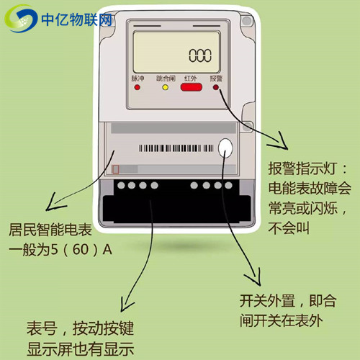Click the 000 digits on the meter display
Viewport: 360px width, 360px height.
(x=202, y=55)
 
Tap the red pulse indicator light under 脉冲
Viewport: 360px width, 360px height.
(x=136, y=88)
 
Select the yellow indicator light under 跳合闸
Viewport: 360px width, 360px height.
(x=165, y=88)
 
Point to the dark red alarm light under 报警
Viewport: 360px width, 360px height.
(x=215, y=88)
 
